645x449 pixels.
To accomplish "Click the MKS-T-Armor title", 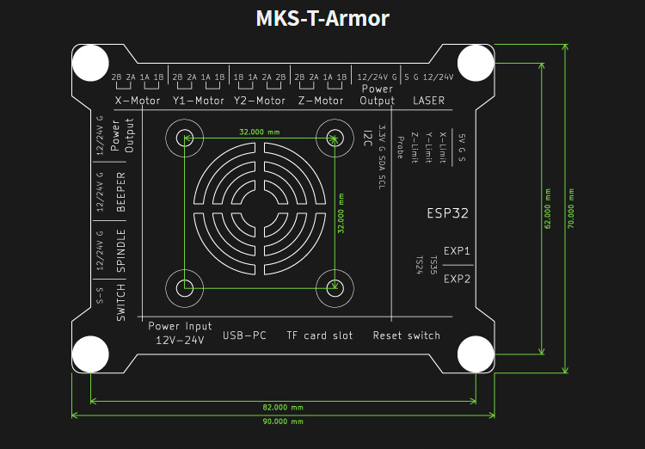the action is tap(322, 19).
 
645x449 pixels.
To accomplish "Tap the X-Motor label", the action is tap(138, 101).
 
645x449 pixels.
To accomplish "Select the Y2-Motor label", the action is tap(260, 101).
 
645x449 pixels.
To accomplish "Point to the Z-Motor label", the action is tap(321, 101).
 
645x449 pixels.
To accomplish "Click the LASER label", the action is tap(428, 101).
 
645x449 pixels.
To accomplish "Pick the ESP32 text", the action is tap(447, 213).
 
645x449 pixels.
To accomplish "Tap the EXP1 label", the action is tap(457, 250).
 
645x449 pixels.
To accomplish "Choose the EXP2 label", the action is tap(457, 279).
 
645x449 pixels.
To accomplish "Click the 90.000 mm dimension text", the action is tap(283, 421).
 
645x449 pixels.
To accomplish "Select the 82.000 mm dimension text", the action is tap(283, 408).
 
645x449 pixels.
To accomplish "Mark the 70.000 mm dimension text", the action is tap(571, 208).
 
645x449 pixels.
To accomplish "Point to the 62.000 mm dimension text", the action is tap(548, 208).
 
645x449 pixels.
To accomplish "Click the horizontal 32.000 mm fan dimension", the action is tap(260, 132).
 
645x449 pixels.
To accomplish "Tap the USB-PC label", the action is tap(244, 335).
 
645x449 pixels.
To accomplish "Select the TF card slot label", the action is tap(320, 335).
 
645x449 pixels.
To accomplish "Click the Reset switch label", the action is tap(407, 335).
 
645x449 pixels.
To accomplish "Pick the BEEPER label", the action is tap(120, 192).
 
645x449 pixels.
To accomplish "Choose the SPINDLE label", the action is tap(120, 250).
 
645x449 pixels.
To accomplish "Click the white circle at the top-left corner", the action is tap(90, 63).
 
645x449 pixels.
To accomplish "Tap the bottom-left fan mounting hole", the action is tap(185, 288).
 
